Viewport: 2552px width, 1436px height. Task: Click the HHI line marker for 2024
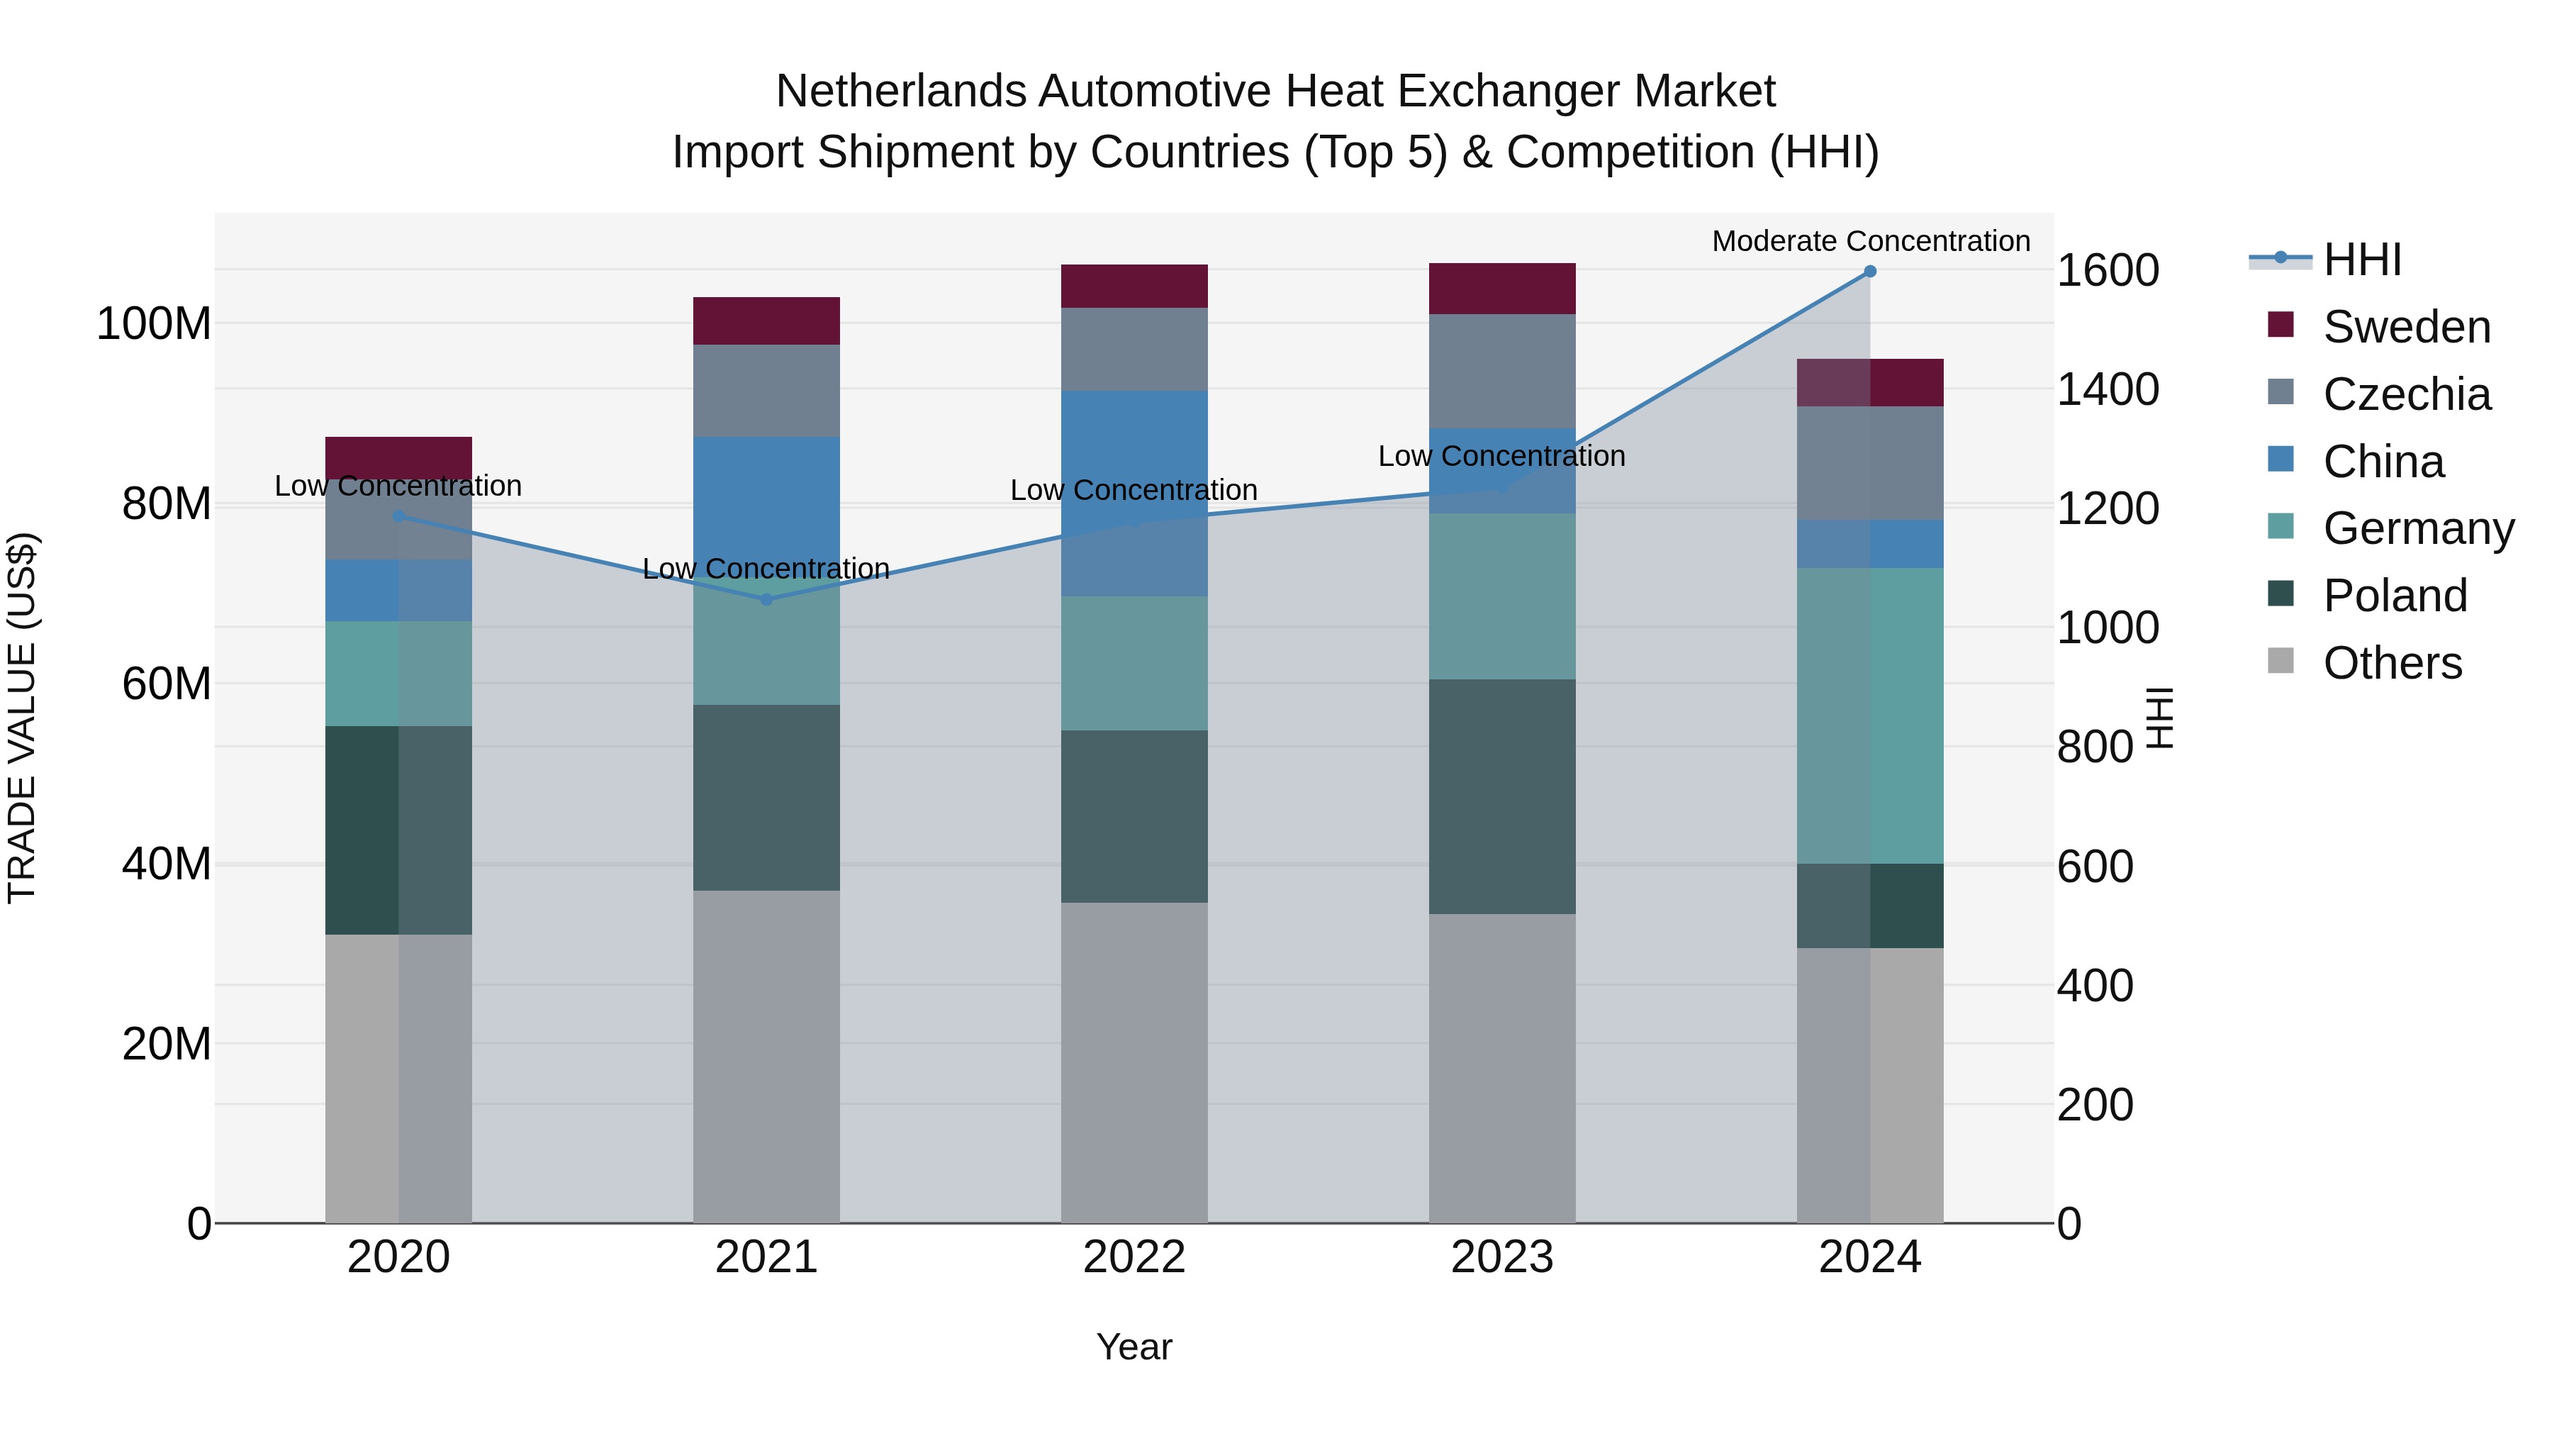[1869, 272]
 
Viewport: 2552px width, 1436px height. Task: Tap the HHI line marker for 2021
[766, 599]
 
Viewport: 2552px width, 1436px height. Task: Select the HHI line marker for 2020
[398, 516]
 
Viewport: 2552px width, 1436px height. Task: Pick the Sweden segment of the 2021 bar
[766, 321]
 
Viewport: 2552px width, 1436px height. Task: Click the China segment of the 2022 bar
[1134, 493]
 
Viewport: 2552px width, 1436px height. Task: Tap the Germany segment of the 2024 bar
[1869, 716]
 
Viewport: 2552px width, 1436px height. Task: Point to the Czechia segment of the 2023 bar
[1502, 371]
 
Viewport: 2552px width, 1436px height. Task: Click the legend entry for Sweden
[2405, 327]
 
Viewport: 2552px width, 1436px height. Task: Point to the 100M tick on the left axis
[154, 324]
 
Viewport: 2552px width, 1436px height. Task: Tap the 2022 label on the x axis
[1134, 1257]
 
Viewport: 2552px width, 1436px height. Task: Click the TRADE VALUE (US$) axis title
[22, 718]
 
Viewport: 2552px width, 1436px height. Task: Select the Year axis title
[1134, 1347]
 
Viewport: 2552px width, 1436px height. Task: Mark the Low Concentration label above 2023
[1502, 456]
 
